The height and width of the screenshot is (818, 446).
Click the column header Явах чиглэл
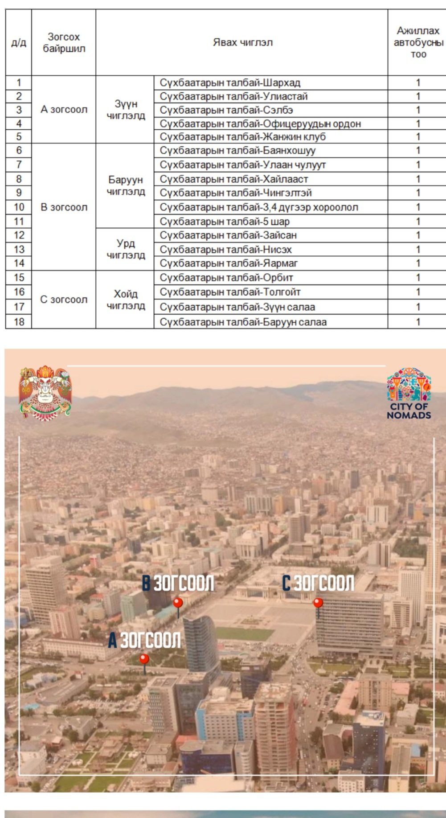(x=242, y=43)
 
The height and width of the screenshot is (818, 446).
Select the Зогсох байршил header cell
(x=64, y=43)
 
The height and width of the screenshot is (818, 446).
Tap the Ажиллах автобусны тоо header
(x=418, y=43)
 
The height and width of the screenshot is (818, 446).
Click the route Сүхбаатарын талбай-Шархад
(x=230, y=83)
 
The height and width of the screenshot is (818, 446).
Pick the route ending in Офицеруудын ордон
(x=260, y=123)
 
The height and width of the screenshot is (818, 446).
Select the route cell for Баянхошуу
(x=237, y=151)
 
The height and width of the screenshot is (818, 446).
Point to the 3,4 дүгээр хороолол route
(x=259, y=207)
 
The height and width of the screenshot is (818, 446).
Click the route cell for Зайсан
(x=228, y=235)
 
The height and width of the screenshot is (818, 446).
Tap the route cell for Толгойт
(x=230, y=292)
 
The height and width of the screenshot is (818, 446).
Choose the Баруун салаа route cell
(x=243, y=322)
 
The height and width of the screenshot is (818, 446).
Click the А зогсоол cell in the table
(x=64, y=110)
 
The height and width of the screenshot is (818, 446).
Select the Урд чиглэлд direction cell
(x=126, y=250)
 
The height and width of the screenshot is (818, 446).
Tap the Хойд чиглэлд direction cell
(x=126, y=300)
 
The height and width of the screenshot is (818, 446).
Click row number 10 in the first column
(x=19, y=207)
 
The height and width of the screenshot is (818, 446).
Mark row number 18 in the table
(x=19, y=322)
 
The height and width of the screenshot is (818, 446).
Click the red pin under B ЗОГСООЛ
(x=178, y=604)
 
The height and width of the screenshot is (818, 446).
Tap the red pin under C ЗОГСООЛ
(x=318, y=604)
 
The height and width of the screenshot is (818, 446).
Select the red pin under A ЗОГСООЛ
(x=144, y=659)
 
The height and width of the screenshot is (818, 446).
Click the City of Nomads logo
(x=409, y=393)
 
